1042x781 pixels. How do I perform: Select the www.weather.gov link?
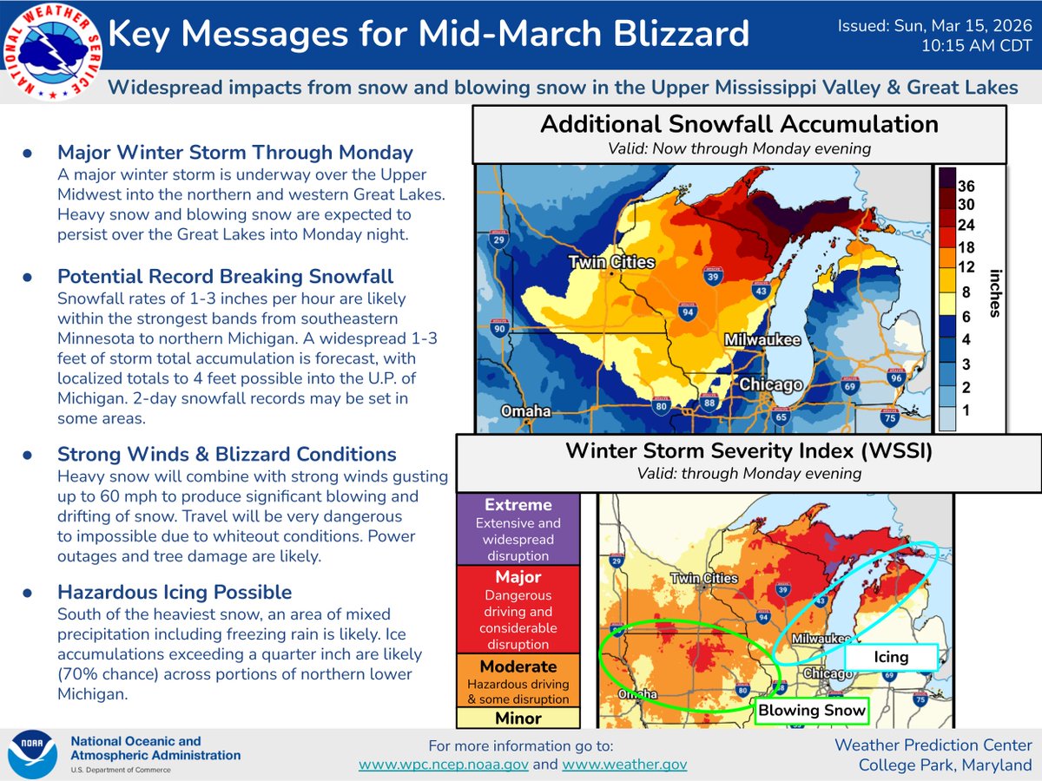(x=624, y=764)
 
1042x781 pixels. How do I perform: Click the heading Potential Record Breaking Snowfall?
(x=226, y=277)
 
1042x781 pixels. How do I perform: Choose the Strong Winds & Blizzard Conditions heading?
(x=227, y=455)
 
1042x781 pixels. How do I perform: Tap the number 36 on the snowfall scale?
(x=966, y=187)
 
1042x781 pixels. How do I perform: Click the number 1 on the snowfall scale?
(x=966, y=410)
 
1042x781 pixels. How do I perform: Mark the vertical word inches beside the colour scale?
(x=993, y=292)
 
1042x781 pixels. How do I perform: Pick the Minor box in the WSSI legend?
(x=518, y=719)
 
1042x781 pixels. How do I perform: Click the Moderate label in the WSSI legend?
(x=518, y=666)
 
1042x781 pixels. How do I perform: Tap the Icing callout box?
(x=891, y=657)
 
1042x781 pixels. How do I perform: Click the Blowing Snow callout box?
(x=812, y=711)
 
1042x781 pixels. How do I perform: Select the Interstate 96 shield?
(x=897, y=378)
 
